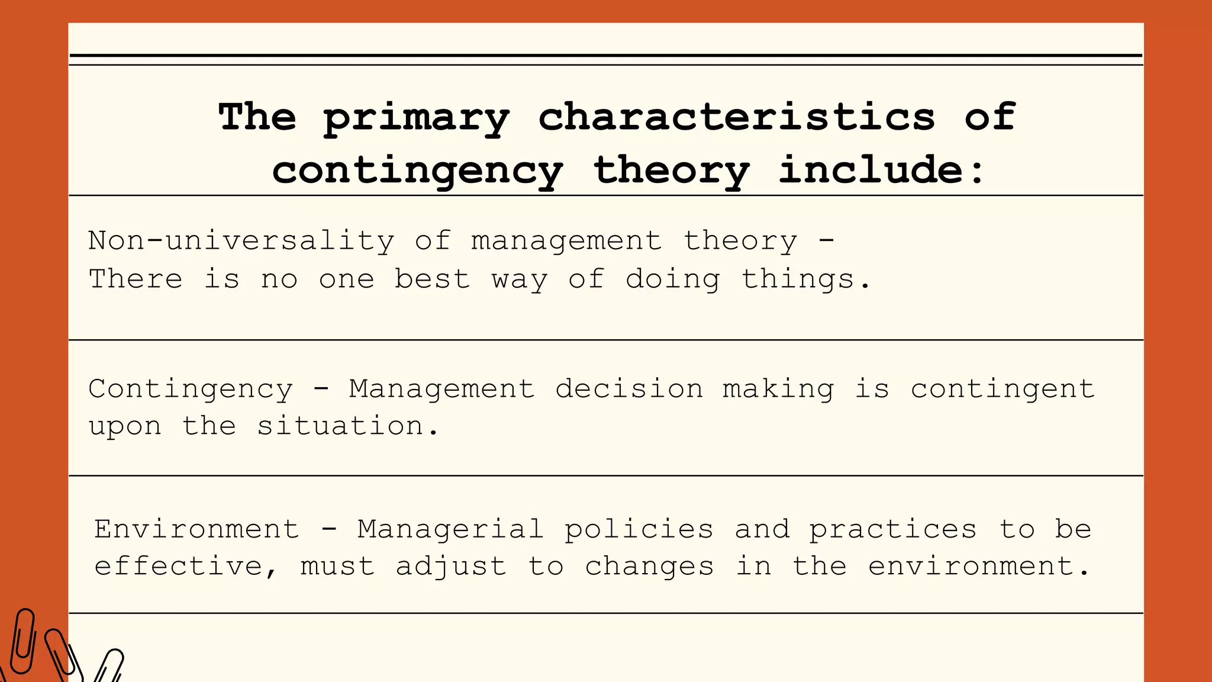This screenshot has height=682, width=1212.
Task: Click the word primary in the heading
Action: pos(416,118)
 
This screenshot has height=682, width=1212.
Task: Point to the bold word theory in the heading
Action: pos(671,171)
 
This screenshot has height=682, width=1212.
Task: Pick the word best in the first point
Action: pos(432,279)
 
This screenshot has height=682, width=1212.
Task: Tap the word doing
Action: pos(673,279)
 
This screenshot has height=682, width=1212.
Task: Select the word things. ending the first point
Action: pos(806,279)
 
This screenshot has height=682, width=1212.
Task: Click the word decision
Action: pos(629,389)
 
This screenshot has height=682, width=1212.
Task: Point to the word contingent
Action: pos(1003,390)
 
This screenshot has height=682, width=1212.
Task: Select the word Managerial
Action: pos(450,529)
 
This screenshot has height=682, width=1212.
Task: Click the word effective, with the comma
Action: pos(185,567)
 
